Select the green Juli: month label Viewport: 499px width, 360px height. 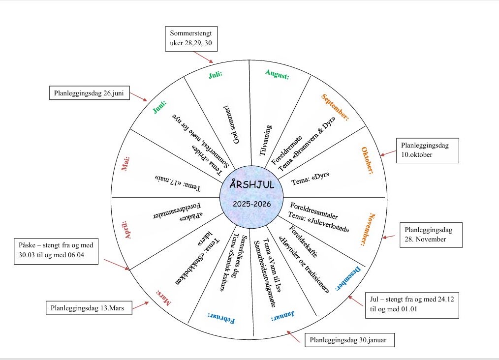coord(216,74)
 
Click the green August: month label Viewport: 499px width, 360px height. coord(277,74)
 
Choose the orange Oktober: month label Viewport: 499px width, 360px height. coord(368,160)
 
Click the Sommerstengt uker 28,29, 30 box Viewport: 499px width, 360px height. coord(191,38)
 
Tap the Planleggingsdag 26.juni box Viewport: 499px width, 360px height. coord(90,93)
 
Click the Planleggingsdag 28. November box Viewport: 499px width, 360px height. coord(432,235)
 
